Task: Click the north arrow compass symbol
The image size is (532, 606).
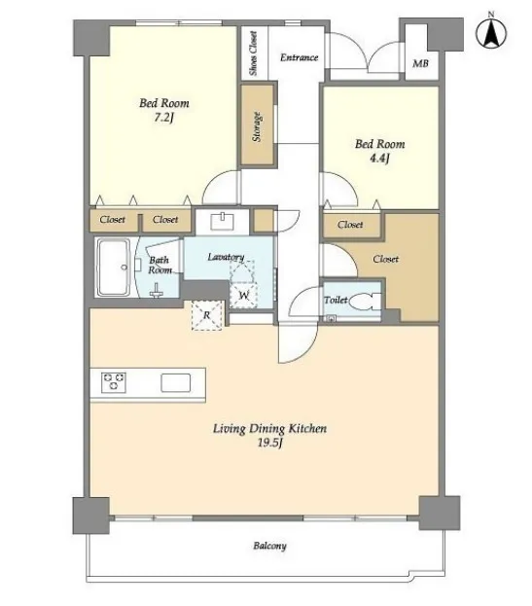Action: pos(491,32)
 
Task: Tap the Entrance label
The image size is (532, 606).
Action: pos(299,57)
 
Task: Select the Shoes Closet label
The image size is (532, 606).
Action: pos(254,53)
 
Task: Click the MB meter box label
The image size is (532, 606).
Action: pos(420,63)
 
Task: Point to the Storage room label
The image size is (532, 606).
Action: pos(257,126)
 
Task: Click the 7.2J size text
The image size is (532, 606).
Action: pos(163,117)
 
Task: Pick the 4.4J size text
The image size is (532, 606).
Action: pos(379,159)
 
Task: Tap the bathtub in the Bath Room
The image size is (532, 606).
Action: pos(113,267)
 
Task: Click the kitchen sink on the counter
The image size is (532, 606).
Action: pos(176,382)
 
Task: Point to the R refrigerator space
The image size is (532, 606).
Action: pos(207,315)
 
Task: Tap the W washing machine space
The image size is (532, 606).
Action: pos(243,296)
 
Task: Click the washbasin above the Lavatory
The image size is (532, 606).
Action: pos(222,222)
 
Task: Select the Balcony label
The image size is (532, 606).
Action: pos(269,546)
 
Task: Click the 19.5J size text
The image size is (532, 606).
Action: pos(270,443)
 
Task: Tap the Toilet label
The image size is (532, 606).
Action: pos(336,300)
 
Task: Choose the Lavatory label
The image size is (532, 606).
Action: pos(226,257)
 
